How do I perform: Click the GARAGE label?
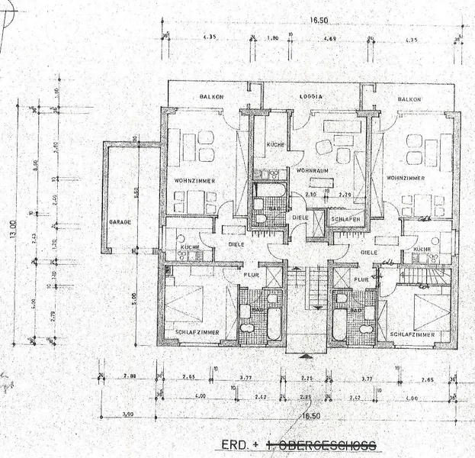coord(120,221)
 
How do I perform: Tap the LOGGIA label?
coord(313,97)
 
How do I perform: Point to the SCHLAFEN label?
coord(345,218)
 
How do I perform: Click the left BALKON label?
coord(210,98)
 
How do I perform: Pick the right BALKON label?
coord(409,99)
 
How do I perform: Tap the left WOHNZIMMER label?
coord(193,180)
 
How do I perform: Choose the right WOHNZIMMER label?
coord(406,178)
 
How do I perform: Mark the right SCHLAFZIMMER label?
coord(412,334)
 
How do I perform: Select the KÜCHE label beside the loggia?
coord(274,144)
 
